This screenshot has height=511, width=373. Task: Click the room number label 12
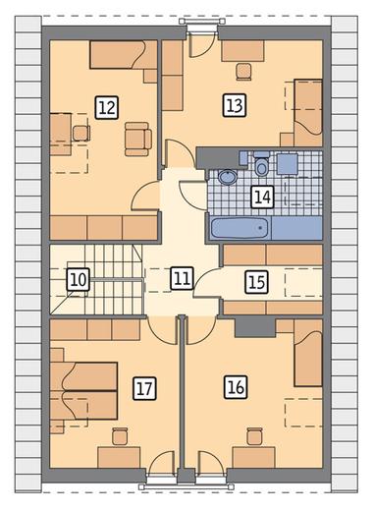(x=107, y=107)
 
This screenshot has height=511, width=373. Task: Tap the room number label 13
(x=235, y=105)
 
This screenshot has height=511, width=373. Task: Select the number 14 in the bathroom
(x=262, y=197)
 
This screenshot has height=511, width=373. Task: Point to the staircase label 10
(x=79, y=280)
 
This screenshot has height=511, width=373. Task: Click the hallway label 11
(x=183, y=278)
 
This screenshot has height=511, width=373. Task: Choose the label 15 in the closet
(x=257, y=282)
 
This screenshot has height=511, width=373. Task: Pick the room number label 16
(x=236, y=387)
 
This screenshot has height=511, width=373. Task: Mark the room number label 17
(x=144, y=388)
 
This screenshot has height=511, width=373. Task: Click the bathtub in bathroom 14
(x=240, y=228)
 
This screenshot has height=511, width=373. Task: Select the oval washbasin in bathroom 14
(x=228, y=177)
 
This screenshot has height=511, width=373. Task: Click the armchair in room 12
(x=138, y=139)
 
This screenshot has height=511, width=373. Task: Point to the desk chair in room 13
(x=244, y=72)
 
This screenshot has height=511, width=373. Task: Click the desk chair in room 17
(x=120, y=436)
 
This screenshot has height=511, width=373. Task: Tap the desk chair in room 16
(x=255, y=436)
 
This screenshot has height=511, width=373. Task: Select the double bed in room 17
(x=83, y=391)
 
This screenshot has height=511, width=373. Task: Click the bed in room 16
(x=308, y=353)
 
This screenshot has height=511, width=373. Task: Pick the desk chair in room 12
(x=81, y=134)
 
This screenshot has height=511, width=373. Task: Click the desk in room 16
(x=253, y=458)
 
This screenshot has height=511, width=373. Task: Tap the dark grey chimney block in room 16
(x=255, y=327)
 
